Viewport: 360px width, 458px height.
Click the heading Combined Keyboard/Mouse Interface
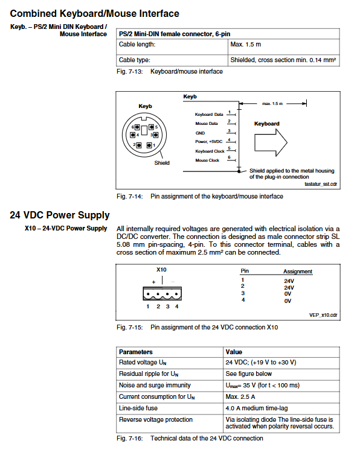(94, 13)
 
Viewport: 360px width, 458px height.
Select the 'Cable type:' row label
(134, 60)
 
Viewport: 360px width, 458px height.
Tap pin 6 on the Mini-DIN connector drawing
(137, 127)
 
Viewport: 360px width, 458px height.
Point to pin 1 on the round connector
(149, 145)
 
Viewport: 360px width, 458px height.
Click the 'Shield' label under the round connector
(162, 163)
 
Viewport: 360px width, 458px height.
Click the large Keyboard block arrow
(271, 142)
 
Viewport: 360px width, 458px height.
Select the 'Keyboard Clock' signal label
(210, 151)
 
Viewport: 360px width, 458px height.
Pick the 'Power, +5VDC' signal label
(209, 142)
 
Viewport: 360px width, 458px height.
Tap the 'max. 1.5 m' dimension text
(272, 104)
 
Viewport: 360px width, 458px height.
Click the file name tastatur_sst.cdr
(321, 184)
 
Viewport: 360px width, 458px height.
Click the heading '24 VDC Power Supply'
(60, 215)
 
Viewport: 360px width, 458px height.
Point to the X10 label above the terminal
(161, 270)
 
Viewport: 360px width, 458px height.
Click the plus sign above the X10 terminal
(153, 282)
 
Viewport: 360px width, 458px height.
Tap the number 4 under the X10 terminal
(176, 307)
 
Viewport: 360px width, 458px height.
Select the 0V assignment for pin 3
(288, 294)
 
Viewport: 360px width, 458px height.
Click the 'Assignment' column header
(298, 272)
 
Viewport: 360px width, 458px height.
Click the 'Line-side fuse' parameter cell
(138, 409)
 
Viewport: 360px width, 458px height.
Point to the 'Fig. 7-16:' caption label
(130, 439)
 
